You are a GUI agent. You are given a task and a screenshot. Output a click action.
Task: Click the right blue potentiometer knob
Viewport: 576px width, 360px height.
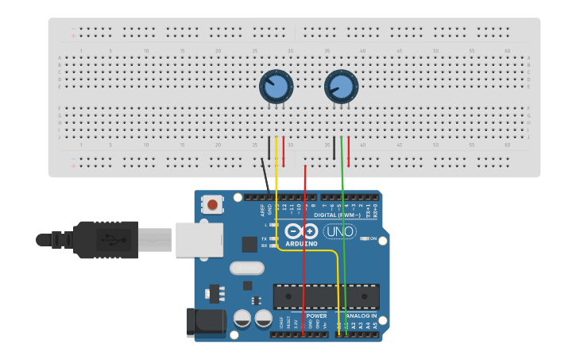[x=341, y=87]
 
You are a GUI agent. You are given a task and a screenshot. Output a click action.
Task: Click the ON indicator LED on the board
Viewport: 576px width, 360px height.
[x=363, y=238]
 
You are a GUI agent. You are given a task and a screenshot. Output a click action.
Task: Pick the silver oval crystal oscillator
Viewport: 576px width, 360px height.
[x=247, y=268]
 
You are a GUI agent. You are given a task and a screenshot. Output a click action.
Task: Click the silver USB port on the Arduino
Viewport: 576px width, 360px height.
[x=199, y=239]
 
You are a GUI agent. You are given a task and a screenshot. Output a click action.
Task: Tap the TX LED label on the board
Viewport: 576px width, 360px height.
[x=264, y=238]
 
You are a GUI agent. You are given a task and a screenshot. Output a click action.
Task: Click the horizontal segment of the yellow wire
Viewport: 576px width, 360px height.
[x=310, y=250]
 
